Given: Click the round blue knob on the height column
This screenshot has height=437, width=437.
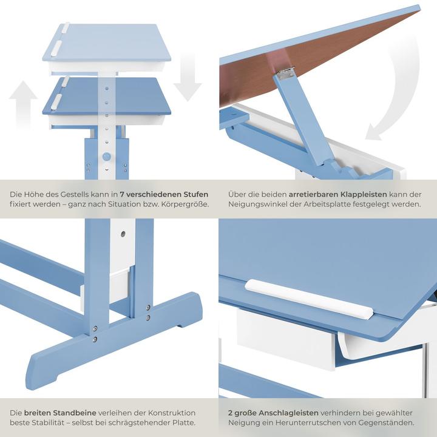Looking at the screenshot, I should [107, 157].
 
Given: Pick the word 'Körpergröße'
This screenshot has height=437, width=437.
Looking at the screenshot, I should [181, 205].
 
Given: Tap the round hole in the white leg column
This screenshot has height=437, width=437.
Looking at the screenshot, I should [123, 233].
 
